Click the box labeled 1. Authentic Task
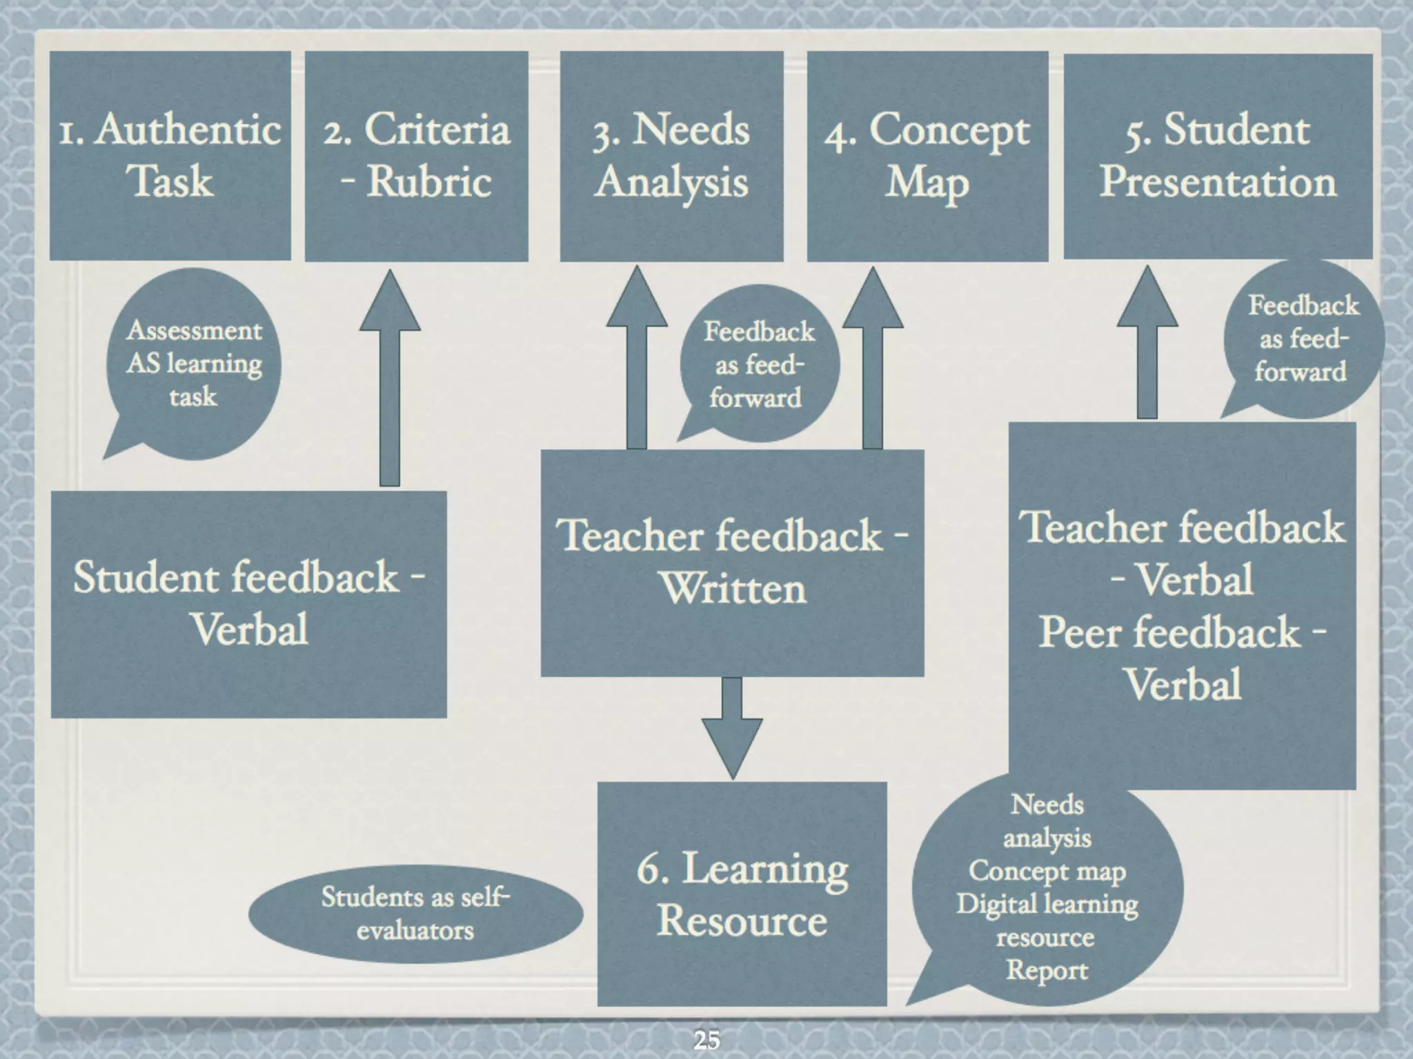pos(170,155)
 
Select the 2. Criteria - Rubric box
pos(417,155)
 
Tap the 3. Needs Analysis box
pos(671,155)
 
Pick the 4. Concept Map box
pos(927,155)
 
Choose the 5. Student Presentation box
pos(1218,155)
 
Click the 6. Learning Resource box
pos(742,894)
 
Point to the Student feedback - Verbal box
pos(248,604)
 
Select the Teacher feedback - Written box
pos(732,562)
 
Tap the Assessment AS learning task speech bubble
pos(194,363)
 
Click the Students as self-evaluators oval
pos(415,914)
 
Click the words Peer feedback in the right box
pos(1169,632)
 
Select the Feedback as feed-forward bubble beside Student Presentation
pos(1303,339)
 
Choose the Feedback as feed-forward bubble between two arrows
pos(758,365)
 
